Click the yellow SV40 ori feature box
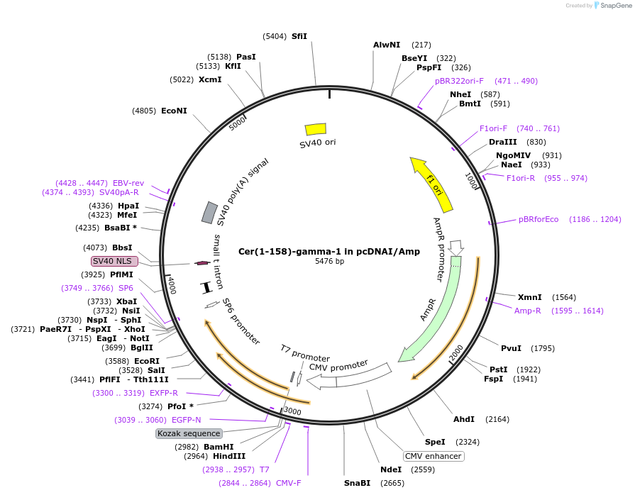pos(316,128)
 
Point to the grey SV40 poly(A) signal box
pos(210,212)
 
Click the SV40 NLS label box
pos(114,261)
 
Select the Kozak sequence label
pos(189,433)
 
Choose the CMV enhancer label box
pos(434,456)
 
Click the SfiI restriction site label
pos(299,36)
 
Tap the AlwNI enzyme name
pos(387,45)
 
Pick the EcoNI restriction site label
pos(174,111)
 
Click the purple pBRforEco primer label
pos(539,219)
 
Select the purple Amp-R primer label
pos(528,311)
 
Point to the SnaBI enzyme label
pos(358,483)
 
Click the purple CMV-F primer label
pos(288,483)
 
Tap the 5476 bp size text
pos(329,262)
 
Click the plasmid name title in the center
pos(329,251)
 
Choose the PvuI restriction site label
pos(511,348)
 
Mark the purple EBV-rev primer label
pos(128,183)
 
